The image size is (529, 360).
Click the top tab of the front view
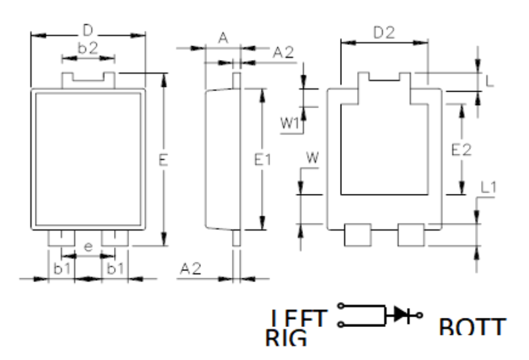pyautogui.click(x=88, y=79)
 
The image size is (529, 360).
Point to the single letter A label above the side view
pyautogui.click(x=223, y=39)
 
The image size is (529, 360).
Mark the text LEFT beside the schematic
pyautogui.click(x=299, y=320)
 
